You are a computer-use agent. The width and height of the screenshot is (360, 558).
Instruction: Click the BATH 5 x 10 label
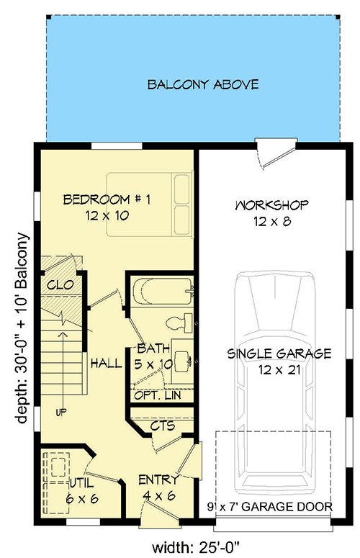153,357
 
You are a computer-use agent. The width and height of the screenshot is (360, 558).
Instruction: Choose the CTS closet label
163,426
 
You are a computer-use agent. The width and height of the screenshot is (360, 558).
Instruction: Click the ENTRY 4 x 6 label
158,487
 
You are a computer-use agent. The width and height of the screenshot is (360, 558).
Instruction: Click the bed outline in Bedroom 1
150,204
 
